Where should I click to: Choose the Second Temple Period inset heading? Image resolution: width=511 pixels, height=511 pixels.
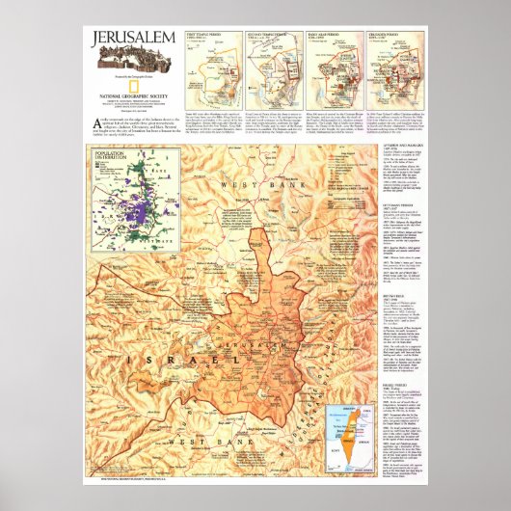(261, 35)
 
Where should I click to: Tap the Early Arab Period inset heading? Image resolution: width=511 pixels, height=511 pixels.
(323, 35)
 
